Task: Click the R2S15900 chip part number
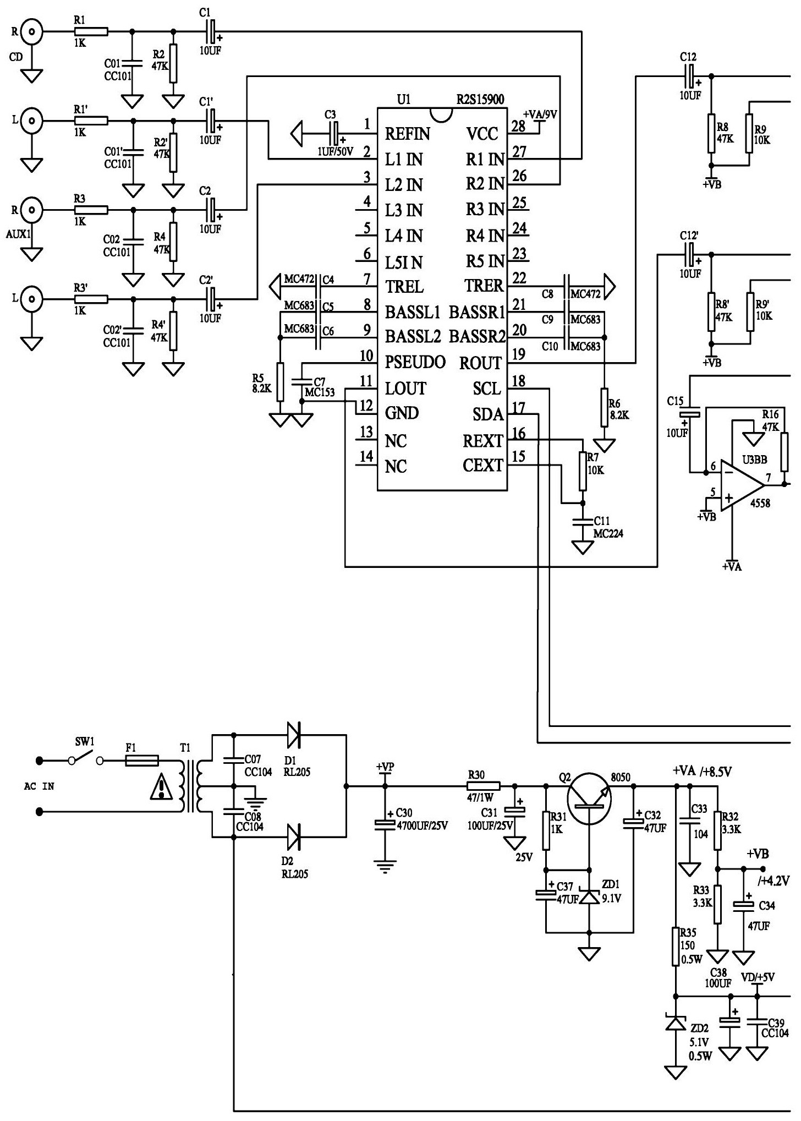click(x=480, y=100)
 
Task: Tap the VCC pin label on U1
click(x=482, y=134)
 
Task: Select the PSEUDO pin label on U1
click(x=415, y=362)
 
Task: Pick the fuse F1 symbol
click(x=142, y=761)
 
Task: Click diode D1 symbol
click(x=293, y=734)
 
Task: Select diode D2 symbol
click(x=293, y=837)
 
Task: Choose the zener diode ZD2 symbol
click(x=676, y=1022)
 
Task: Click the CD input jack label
click(x=16, y=56)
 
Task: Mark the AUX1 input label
click(x=19, y=234)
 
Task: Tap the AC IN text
click(x=39, y=786)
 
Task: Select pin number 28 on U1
click(x=519, y=125)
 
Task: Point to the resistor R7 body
click(x=583, y=471)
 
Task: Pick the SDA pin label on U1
click(x=488, y=414)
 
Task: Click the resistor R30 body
click(x=484, y=786)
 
